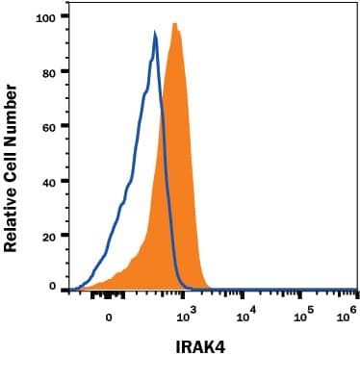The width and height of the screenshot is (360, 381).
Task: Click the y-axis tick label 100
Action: tap(44, 16)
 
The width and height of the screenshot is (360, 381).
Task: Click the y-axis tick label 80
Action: tap(47, 71)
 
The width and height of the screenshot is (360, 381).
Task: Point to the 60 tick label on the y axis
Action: tap(47, 125)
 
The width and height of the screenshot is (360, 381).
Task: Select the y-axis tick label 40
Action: tap(47, 180)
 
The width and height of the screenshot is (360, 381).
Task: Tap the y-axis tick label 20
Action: tap(47, 234)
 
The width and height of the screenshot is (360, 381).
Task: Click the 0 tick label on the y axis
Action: tap(51, 288)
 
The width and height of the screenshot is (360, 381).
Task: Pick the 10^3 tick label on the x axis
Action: tap(188, 311)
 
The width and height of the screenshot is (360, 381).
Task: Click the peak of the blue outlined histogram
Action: tap(155, 34)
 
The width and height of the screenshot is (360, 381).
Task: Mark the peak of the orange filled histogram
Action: tap(175, 24)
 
